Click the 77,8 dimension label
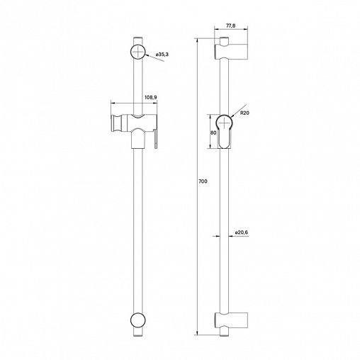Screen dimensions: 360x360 230,26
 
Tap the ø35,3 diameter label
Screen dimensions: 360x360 162,55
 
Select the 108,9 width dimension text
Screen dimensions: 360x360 151,97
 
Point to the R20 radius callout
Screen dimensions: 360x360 244,113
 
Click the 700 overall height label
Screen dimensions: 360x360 203,181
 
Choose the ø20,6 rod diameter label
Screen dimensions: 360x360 242,232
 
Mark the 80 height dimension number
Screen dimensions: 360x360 213,133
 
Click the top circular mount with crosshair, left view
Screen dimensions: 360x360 138,52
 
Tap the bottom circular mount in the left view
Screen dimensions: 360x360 138,320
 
